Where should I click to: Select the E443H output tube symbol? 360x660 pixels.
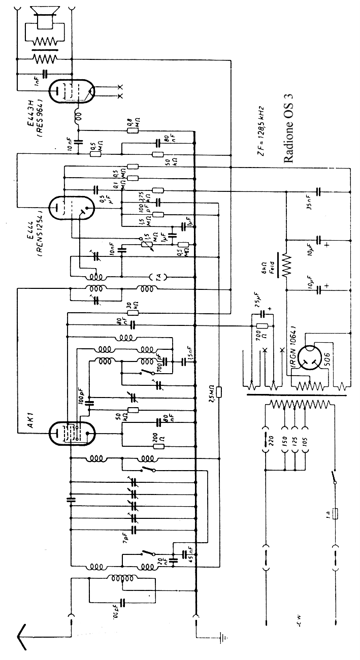[71, 91]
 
